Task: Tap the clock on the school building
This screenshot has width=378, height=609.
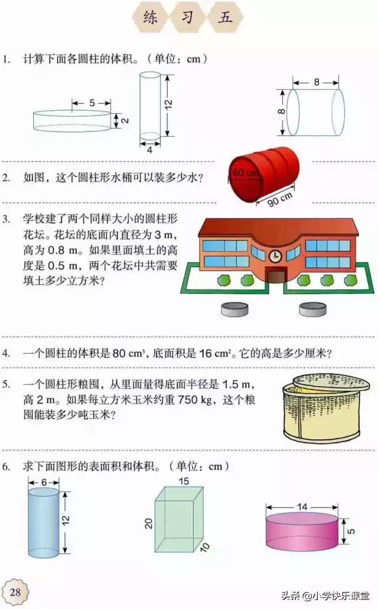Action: pos(275,256)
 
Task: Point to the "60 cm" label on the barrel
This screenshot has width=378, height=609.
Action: pos(245,173)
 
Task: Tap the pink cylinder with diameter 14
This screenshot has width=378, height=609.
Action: pos(302,531)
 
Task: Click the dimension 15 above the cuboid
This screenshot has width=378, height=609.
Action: pos(184,482)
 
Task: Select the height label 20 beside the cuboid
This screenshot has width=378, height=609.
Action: pos(149,522)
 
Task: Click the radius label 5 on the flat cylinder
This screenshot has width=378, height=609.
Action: pos(92,103)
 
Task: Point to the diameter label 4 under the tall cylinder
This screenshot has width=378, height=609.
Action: pos(149,150)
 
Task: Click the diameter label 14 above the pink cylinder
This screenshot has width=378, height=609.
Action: pos(302,490)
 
